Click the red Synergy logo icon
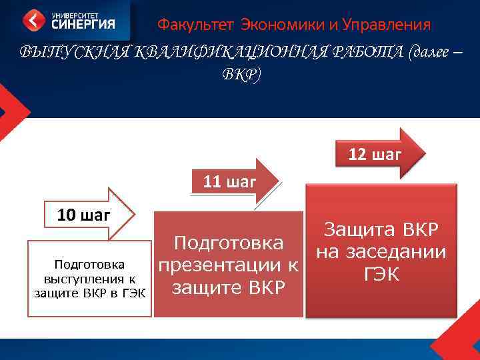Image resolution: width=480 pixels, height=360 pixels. point(35,20)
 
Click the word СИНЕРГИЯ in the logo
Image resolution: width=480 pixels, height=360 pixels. point(82,25)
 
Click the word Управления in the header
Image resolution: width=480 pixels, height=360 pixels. point(385,25)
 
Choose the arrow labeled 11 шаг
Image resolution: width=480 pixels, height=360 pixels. point(231,181)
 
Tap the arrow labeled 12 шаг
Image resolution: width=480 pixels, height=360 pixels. point(376,155)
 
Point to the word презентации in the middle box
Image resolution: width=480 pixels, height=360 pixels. point(228,265)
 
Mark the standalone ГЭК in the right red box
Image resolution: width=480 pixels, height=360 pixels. point(381,274)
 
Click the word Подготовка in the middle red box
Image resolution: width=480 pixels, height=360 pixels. point(229,243)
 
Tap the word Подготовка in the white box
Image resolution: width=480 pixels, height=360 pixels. point(89,263)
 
